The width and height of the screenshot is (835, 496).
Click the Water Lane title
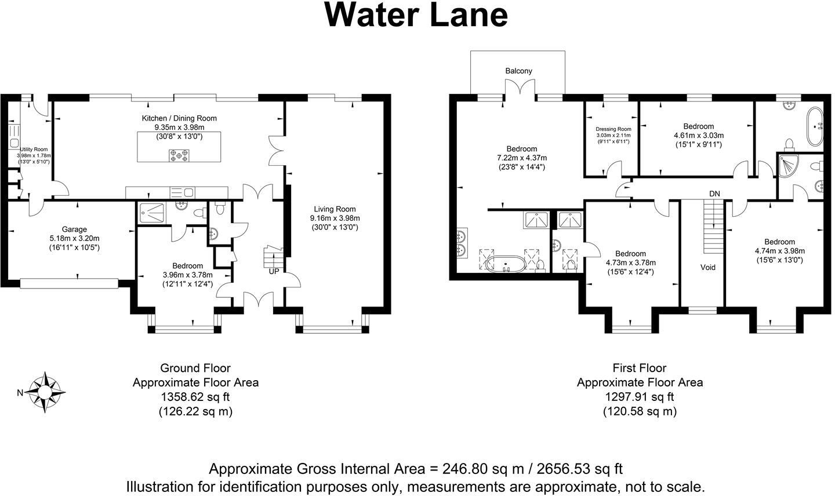click(x=416, y=16)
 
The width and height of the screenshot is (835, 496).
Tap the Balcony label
click(x=518, y=71)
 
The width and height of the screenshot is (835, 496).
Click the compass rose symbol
click(x=45, y=393)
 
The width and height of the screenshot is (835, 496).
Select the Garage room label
click(x=74, y=229)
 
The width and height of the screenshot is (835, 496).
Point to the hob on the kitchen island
click(x=179, y=155)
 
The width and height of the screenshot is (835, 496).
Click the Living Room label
click(x=335, y=209)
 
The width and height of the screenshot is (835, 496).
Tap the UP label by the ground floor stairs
click(x=273, y=271)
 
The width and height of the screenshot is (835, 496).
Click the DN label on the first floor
click(x=714, y=193)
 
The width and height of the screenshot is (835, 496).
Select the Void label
click(x=707, y=267)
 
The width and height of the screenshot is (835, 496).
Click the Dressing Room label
click(x=613, y=129)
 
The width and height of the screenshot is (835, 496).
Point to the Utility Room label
click(x=34, y=149)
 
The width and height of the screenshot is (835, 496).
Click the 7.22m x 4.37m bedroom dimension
click(x=521, y=158)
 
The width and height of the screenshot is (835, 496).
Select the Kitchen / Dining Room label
click(x=179, y=118)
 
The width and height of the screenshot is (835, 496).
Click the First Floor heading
click(x=639, y=368)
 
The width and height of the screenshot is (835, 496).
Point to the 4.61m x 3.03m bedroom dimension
click(x=698, y=136)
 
